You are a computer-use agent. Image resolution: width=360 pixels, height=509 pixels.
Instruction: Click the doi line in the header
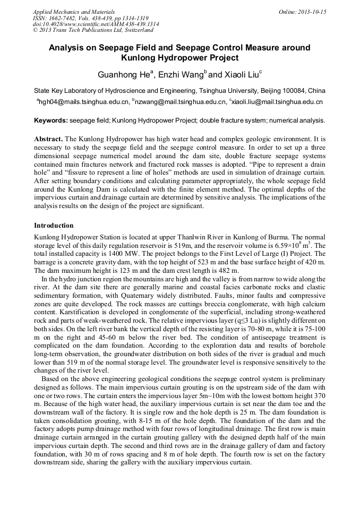[96, 24]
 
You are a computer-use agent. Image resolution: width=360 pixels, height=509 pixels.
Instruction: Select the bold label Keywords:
[52, 120]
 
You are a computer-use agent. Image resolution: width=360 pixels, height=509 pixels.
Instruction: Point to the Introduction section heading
[54, 226]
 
